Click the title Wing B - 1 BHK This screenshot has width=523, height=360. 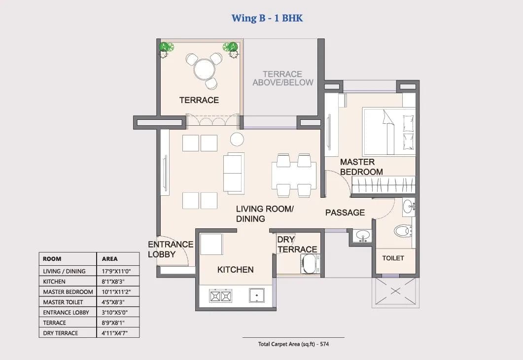point(267,18)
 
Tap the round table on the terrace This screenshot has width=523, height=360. point(203,69)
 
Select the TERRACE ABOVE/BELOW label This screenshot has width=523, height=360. point(282,78)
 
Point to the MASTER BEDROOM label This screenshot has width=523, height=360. point(361,167)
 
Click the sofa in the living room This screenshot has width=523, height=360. point(233,172)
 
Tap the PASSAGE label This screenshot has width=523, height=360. point(345,213)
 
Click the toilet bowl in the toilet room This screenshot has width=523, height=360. point(403,230)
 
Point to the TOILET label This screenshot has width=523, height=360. point(393,258)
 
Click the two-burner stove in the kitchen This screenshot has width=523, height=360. point(220,296)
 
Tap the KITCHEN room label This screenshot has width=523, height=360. point(235,270)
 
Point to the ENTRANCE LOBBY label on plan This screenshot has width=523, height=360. point(170,249)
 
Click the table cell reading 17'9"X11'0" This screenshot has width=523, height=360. point(113,271)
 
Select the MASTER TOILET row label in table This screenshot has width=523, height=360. point(63,302)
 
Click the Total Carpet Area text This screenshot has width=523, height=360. point(293,344)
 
